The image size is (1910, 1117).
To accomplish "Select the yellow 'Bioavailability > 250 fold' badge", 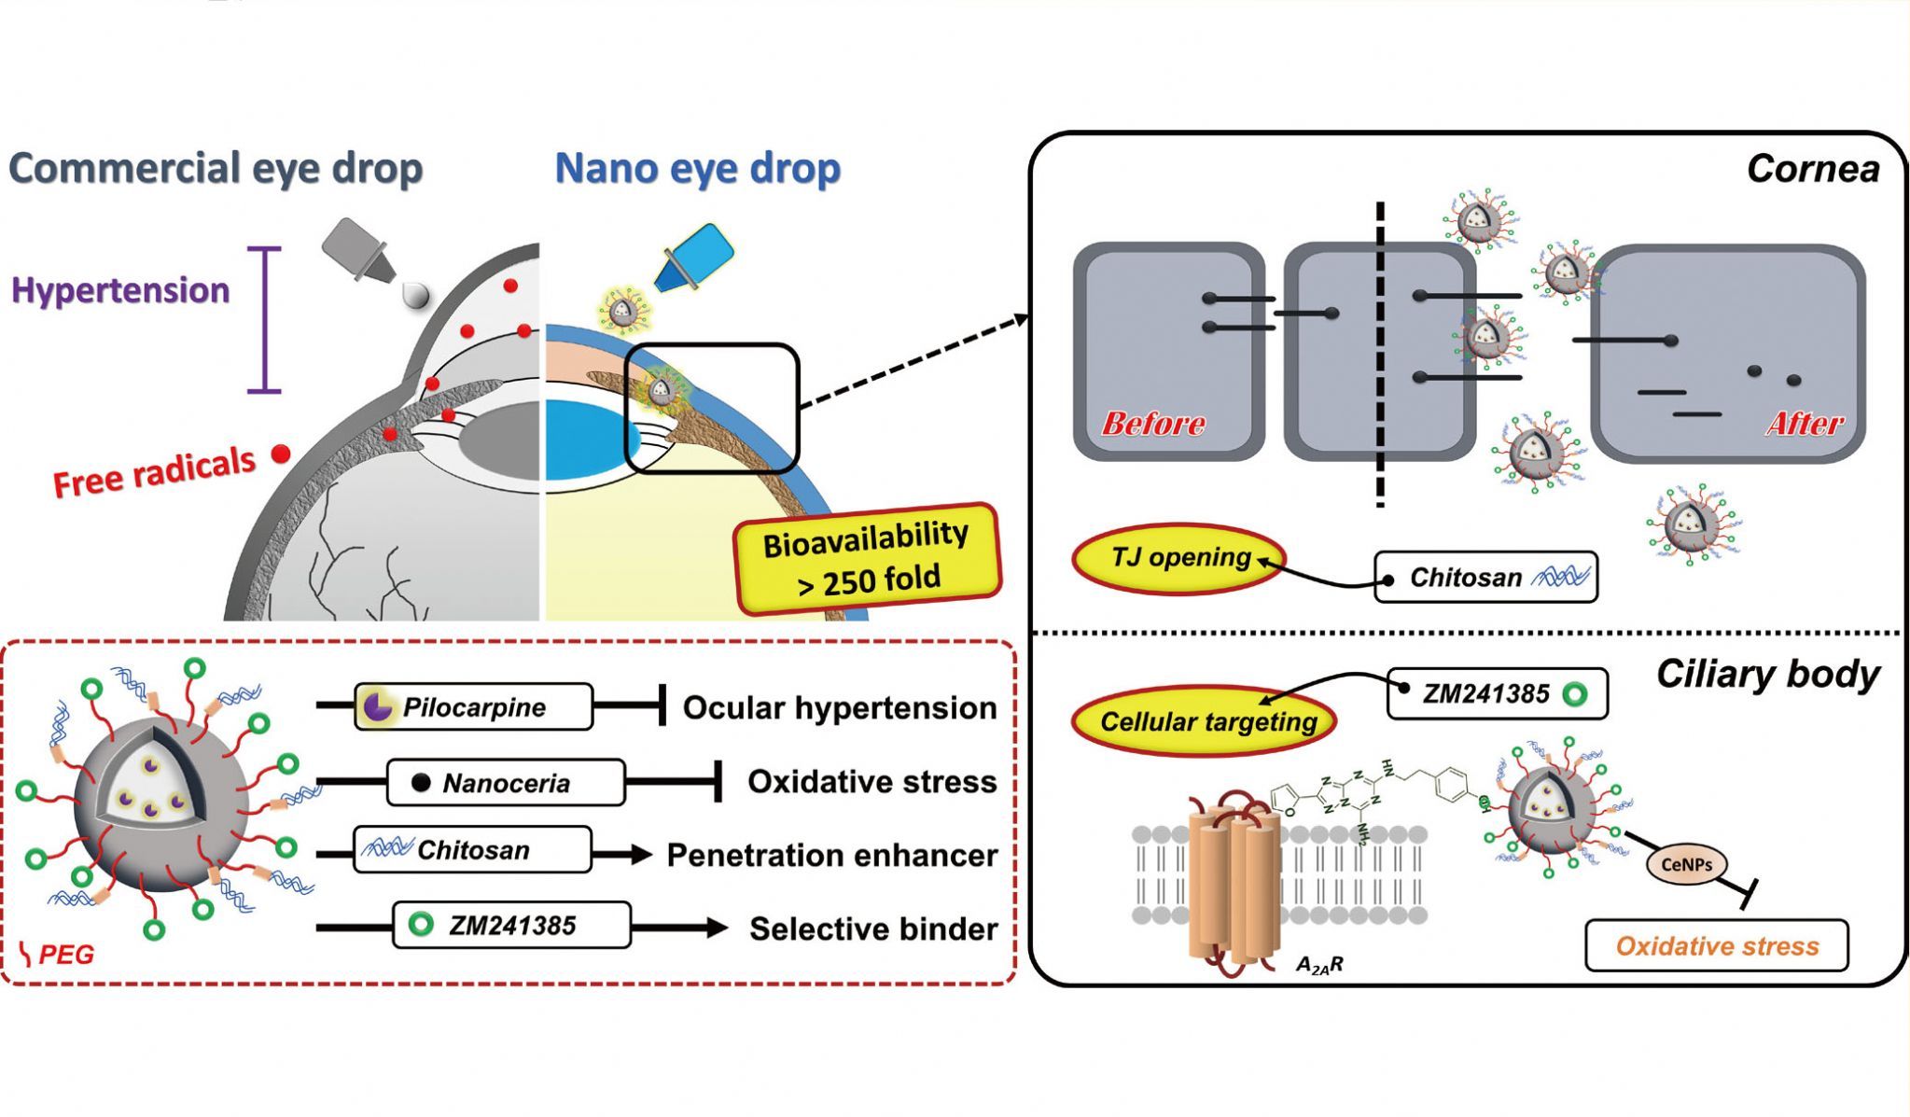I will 866,557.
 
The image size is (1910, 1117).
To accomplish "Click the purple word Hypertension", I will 120,290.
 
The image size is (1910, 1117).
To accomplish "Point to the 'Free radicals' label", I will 154,472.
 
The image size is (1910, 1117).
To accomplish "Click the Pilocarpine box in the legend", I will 473,706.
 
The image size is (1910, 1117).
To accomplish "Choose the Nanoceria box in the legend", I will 505,782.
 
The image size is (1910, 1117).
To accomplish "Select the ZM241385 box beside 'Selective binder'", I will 511,925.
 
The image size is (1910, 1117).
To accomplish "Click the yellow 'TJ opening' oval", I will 1179,558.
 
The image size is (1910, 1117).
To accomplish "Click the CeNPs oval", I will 1686,864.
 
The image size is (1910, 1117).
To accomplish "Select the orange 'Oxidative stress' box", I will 1716,946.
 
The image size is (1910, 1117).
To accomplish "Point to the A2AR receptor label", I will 1319,965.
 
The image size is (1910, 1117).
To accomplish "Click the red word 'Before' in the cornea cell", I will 1153,424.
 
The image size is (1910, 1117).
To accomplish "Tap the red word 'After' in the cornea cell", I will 1805,424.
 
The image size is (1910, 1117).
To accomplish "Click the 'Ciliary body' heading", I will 1767,675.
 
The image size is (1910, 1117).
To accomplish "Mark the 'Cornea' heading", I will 1812,169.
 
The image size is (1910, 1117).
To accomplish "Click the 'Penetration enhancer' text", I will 831,855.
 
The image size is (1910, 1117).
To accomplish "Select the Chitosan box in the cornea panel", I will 1485,578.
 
